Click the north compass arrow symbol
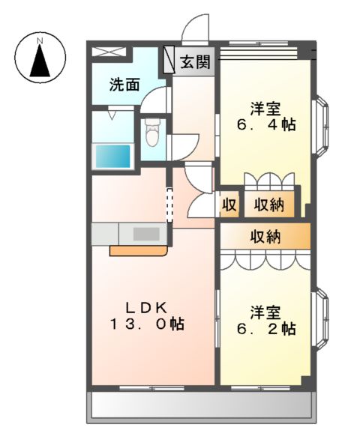(40, 58)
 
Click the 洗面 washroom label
(124, 85)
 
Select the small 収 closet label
(229, 204)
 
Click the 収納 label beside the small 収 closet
(268, 204)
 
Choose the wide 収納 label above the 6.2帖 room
(265, 237)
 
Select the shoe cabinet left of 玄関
(169, 60)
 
